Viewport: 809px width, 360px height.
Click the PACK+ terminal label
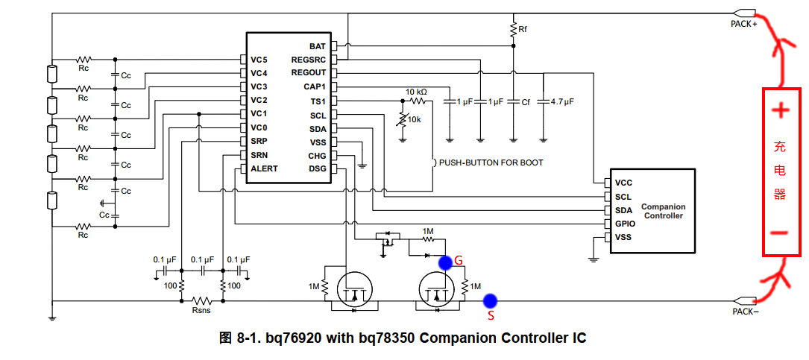pyautogui.click(x=743, y=24)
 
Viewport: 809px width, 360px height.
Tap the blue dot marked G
pyautogui.click(x=445, y=262)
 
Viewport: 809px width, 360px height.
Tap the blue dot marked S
pyautogui.click(x=490, y=301)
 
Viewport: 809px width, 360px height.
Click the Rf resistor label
pyautogui.click(x=523, y=29)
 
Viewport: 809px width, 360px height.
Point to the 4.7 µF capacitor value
pyautogui.click(x=562, y=101)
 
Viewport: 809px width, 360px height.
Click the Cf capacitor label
pyautogui.click(x=526, y=101)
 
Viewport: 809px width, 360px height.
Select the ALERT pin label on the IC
pyautogui.click(x=264, y=168)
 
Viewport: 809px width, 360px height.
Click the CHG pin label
pyautogui.click(x=317, y=155)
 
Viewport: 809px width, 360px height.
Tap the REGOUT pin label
pyautogui.click(x=308, y=73)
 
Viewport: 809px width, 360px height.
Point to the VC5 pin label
pyautogui.click(x=259, y=60)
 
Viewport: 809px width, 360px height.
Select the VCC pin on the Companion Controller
pyautogui.click(x=623, y=183)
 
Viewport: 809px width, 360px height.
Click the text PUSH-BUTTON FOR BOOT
pyautogui.click(x=491, y=162)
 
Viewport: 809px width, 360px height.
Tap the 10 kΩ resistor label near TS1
pyautogui.click(x=416, y=92)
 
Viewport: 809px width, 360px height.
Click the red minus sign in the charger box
pyautogui.click(x=780, y=233)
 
